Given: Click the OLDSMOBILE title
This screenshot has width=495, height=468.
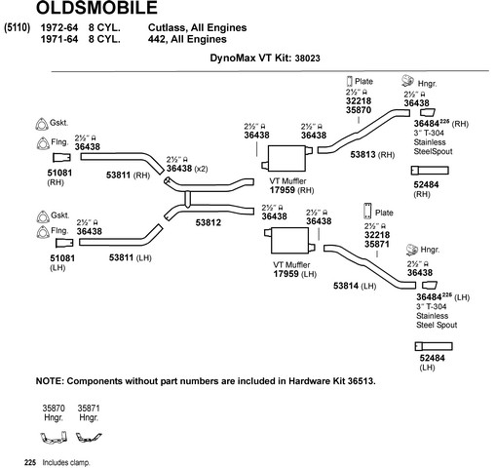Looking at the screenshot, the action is pyautogui.click(x=96, y=8).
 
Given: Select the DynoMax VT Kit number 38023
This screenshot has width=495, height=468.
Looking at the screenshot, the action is pyautogui.click(x=307, y=58).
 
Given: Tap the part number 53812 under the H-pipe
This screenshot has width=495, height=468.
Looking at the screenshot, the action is pyautogui.click(x=209, y=222).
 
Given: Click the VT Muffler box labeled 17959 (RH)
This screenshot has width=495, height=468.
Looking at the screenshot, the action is pyautogui.click(x=287, y=158).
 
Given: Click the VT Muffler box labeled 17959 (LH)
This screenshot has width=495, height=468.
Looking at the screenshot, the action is pyautogui.click(x=289, y=240).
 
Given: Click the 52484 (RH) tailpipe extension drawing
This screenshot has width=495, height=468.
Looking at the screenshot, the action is pyautogui.click(x=430, y=171).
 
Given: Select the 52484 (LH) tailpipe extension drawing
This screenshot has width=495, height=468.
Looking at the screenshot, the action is pyautogui.click(x=434, y=346).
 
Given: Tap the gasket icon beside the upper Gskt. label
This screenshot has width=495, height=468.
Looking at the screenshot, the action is pyautogui.click(x=41, y=124).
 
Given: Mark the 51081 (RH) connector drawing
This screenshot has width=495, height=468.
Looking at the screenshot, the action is pyautogui.click(x=61, y=158).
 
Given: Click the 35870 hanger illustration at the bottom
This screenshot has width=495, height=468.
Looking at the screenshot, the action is pyautogui.click(x=54, y=437).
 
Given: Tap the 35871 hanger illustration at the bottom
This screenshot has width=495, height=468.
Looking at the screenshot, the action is pyautogui.click(x=89, y=438).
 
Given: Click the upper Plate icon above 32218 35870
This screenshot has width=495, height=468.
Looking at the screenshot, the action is pyautogui.click(x=350, y=81).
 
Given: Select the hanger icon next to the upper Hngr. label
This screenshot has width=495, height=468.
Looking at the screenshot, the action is pyautogui.click(x=407, y=81).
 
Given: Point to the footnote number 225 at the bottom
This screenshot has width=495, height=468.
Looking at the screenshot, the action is pyautogui.click(x=30, y=462).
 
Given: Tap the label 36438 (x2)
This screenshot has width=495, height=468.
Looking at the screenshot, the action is pyautogui.click(x=187, y=169).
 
